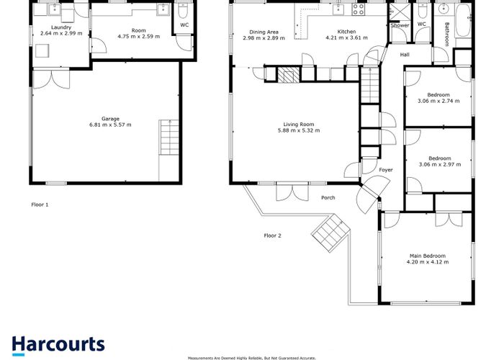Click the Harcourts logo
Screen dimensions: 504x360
click(58, 346)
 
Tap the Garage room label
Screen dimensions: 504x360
click(110, 119)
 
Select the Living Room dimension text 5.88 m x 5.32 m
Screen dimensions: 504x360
click(299, 130)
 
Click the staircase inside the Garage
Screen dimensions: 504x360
click(169, 138)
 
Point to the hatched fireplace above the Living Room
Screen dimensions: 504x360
click(288, 75)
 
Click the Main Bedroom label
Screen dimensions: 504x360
click(428, 256)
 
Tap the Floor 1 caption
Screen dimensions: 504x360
click(40, 204)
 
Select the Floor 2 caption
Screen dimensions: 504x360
click(273, 235)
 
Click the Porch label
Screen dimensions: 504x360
click(328, 198)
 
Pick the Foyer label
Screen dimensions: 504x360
click(386, 170)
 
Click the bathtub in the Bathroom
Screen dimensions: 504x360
click(463, 20)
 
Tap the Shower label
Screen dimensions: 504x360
click(400, 25)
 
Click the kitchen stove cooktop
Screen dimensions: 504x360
click(358, 9)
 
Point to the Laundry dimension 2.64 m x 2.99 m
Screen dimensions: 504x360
click(61, 33)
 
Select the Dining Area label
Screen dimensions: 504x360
click(264, 32)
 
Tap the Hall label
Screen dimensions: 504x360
click(405, 55)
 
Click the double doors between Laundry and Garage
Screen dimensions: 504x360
click(51, 79)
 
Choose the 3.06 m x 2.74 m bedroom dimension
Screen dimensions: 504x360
click(438, 101)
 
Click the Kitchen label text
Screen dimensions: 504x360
click(346, 32)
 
